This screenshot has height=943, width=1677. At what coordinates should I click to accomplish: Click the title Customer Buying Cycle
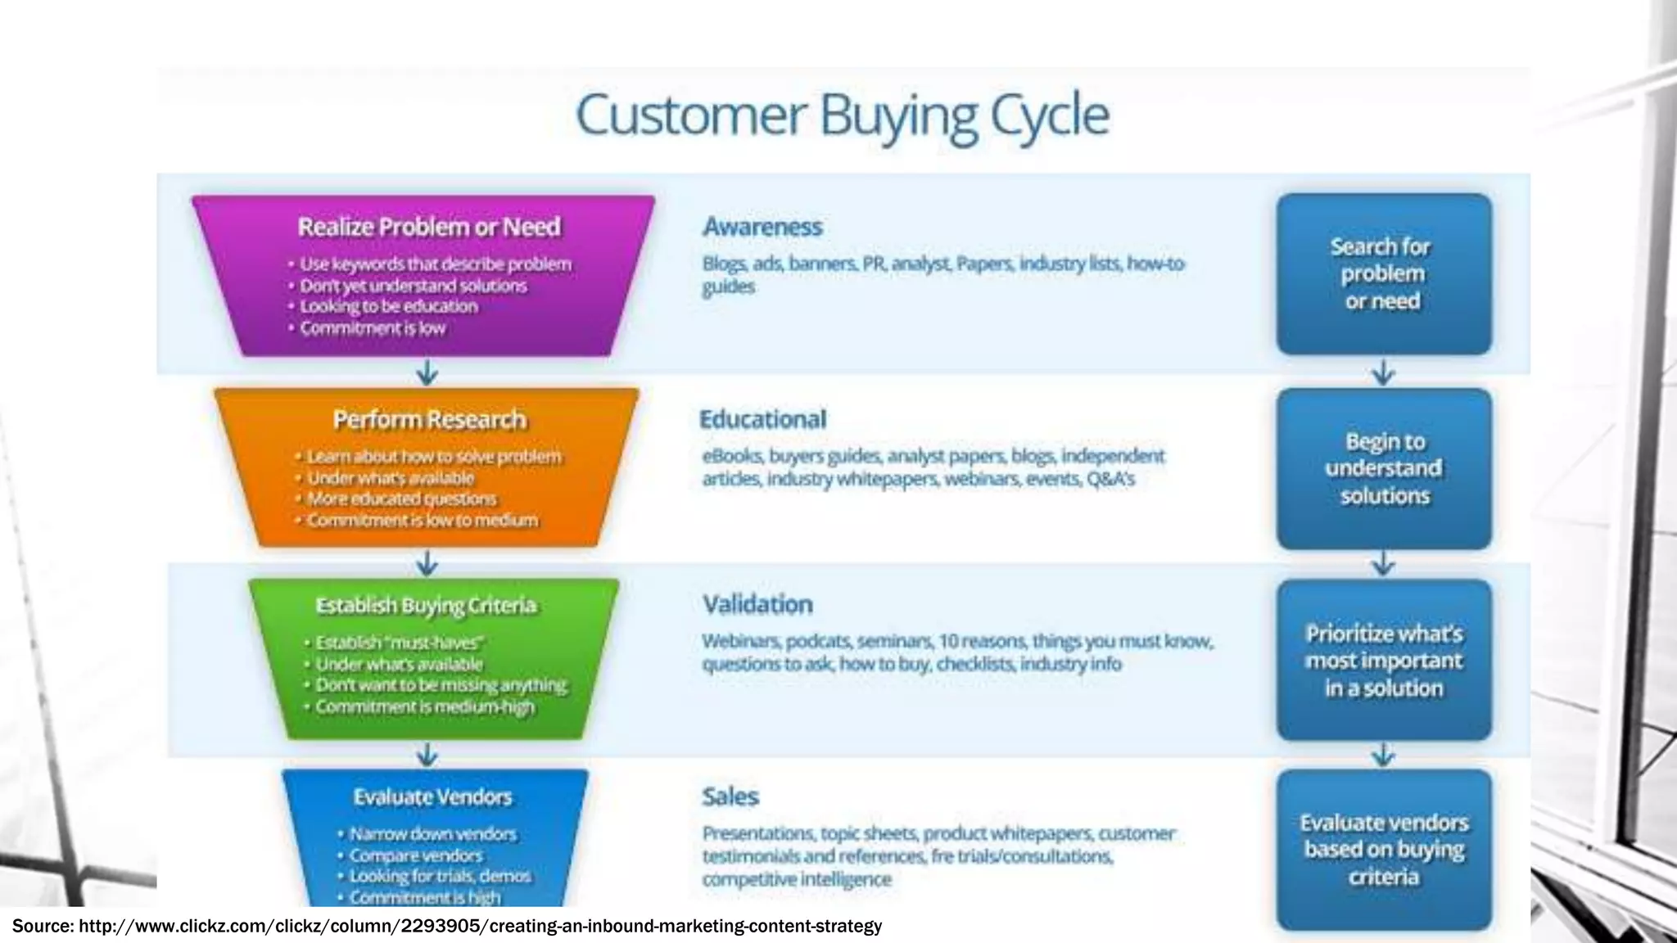click(x=842, y=115)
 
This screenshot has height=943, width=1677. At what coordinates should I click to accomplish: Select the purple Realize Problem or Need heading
click(x=428, y=227)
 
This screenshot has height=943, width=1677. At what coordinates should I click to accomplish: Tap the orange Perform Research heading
click(x=429, y=420)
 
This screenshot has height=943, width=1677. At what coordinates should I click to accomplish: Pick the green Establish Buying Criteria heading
click(x=426, y=606)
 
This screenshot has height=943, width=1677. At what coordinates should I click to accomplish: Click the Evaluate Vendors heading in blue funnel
click(x=432, y=797)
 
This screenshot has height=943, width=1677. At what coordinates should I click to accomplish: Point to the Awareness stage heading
click(x=762, y=227)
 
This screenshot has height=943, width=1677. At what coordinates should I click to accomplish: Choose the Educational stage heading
click(x=762, y=419)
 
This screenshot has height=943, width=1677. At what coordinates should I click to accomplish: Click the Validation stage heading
click(x=757, y=604)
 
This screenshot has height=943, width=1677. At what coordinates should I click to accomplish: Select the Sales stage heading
click(x=730, y=796)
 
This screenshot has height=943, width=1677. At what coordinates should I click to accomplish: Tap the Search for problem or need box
click(x=1383, y=274)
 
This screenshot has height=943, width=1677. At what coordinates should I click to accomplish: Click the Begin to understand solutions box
click(x=1383, y=468)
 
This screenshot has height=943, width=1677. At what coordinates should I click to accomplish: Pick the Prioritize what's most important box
click(x=1383, y=660)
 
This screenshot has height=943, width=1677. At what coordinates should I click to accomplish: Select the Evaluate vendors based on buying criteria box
click(x=1383, y=850)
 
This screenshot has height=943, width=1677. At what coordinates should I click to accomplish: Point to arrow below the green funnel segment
click(x=427, y=754)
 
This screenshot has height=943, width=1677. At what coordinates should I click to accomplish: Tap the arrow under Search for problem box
click(x=1383, y=372)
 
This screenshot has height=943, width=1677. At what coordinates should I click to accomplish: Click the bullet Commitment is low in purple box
click(x=372, y=328)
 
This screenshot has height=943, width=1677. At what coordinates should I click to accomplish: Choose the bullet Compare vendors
click(x=416, y=855)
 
